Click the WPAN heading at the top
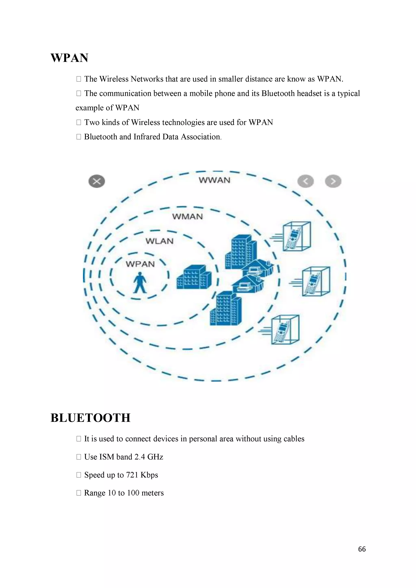click(x=69, y=58)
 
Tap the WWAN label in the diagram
click(x=214, y=180)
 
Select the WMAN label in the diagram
click(x=187, y=217)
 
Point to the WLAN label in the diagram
click(x=159, y=241)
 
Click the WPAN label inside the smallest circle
click(x=140, y=264)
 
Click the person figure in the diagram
click(x=140, y=283)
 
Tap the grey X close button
click(x=96, y=182)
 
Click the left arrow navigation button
click(x=305, y=181)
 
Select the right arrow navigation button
click(x=333, y=181)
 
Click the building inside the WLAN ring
click(x=194, y=277)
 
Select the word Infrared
click(x=147, y=137)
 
